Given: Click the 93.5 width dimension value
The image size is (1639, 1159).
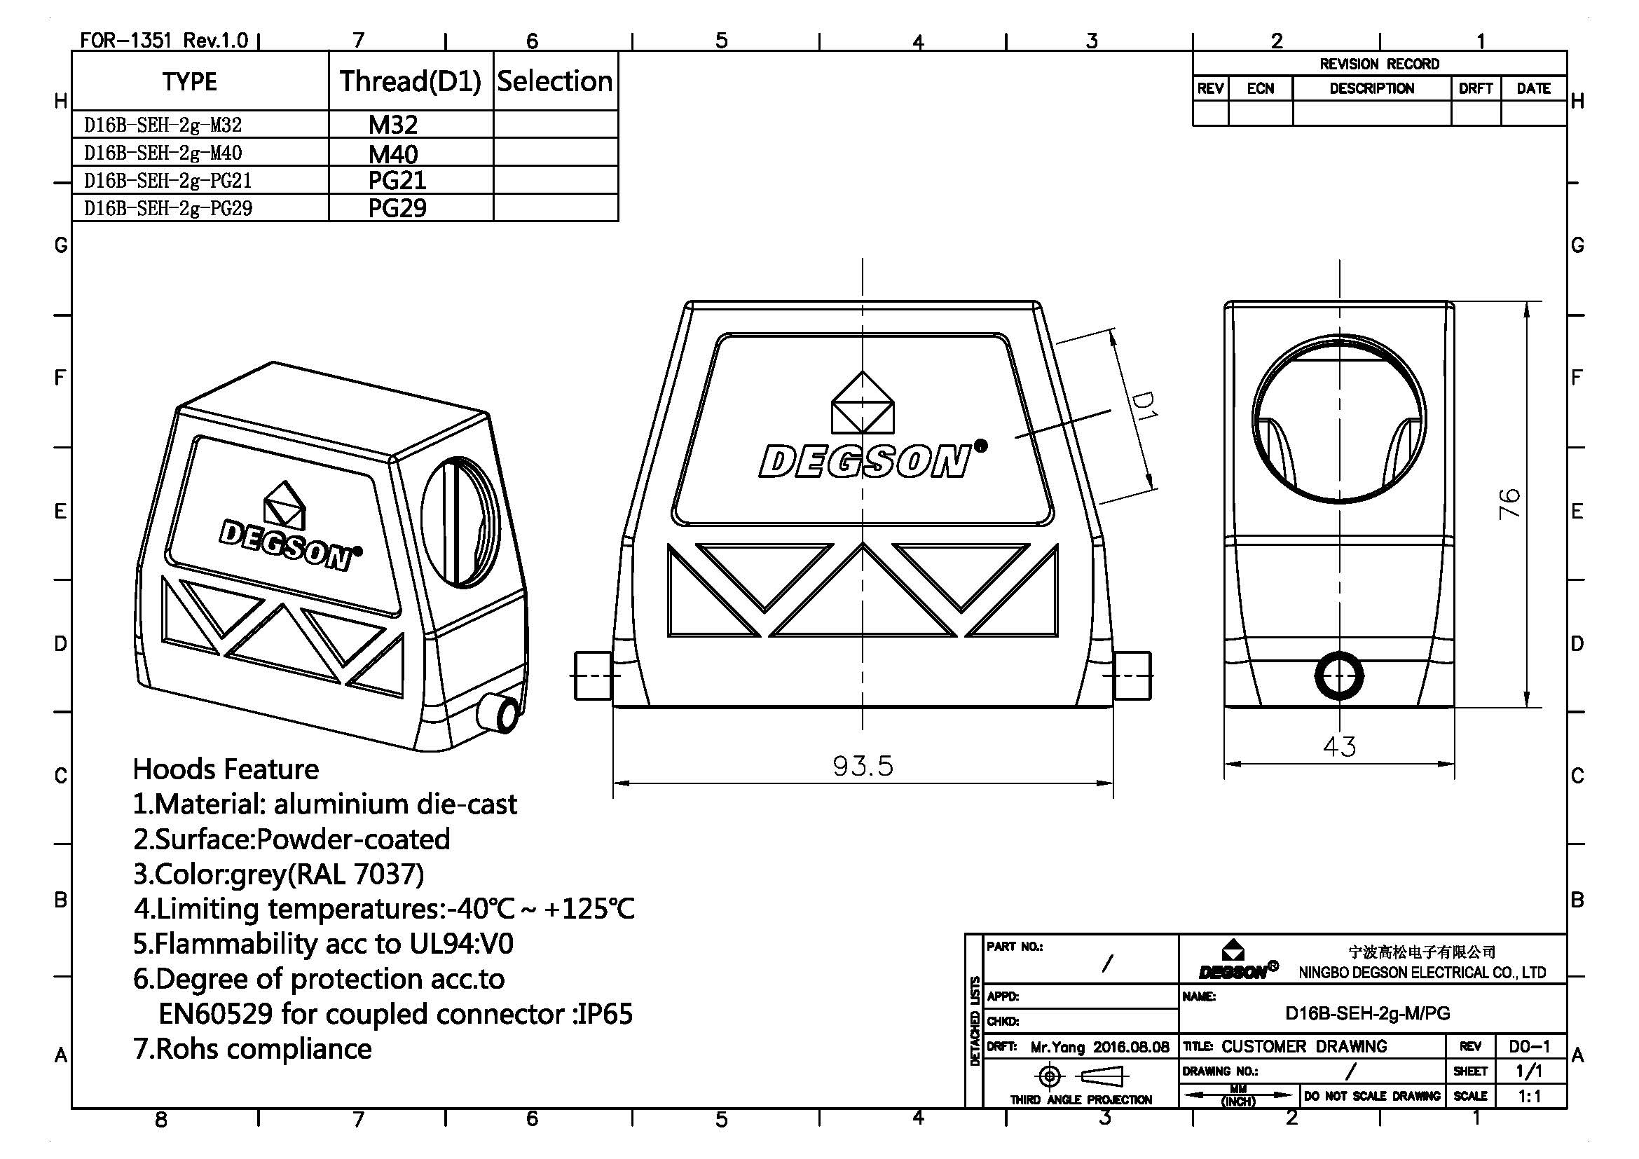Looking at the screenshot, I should [x=863, y=767].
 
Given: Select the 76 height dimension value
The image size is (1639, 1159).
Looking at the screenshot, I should [x=1509, y=504].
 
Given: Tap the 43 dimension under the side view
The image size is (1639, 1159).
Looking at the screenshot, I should [x=1338, y=747].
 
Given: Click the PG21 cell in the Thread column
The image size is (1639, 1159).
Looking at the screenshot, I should [x=397, y=181].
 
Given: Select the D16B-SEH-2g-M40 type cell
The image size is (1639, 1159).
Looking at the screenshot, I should [x=163, y=153].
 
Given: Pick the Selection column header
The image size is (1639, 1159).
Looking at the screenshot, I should [x=555, y=81].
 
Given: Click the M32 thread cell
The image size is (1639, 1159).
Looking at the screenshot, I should [x=392, y=125].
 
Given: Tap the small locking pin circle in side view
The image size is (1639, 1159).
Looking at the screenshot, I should [x=1338, y=675].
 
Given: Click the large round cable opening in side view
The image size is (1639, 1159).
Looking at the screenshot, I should [x=1338, y=420].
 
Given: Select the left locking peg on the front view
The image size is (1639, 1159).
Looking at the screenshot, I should [x=593, y=675].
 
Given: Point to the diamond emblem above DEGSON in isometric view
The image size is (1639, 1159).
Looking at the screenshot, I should [x=284, y=505].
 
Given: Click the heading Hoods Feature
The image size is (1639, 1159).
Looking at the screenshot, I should [x=226, y=769].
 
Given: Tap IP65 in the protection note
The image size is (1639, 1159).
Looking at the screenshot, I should [x=605, y=1014].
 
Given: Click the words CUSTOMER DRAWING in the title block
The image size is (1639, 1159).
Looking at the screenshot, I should [x=1303, y=1046].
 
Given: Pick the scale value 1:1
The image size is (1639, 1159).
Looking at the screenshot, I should [x=1529, y=1096].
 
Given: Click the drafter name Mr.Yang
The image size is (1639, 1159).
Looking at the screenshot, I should [x=1057, y=1047].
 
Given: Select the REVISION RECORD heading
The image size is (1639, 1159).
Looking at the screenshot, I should [x=1378, y=64].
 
